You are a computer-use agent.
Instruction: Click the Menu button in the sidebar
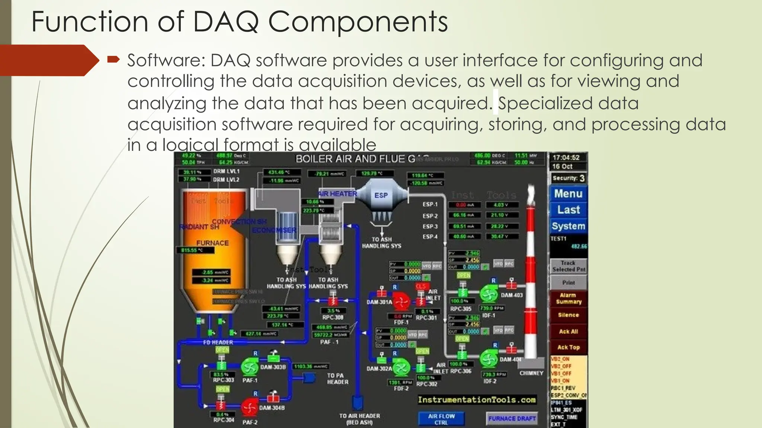tap(568, 194)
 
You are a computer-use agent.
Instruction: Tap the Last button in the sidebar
tap(568, 210)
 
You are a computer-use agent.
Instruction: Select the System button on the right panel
tap(568, 226)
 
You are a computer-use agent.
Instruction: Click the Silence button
tap(568, 315)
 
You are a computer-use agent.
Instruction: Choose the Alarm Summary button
tap(568, 298)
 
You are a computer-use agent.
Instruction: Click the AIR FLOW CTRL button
tap(441, 419)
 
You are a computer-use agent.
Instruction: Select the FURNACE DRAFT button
tap(512, 419)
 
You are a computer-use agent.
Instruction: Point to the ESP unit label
tap(381, 195)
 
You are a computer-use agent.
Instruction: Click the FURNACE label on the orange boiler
tap(212, 243)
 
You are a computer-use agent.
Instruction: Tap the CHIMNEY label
tap(531, 373)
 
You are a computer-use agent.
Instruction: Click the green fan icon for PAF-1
tap(250, 367)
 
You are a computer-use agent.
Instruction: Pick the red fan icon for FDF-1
tap(401, 301)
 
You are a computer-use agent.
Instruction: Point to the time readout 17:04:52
tap(566, 158)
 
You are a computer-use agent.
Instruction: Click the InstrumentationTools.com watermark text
tap(477, 400)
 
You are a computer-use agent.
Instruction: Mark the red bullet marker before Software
tap(113, 59)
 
